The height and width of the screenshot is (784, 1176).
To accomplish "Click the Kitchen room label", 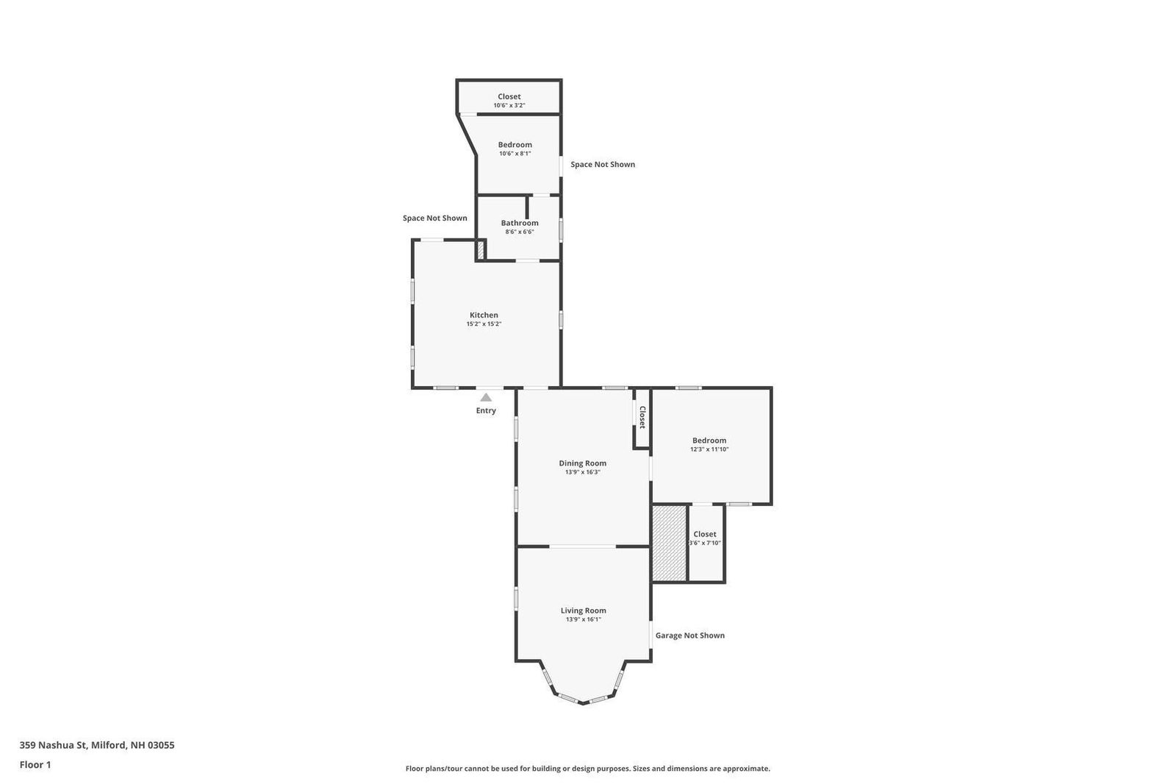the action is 484,316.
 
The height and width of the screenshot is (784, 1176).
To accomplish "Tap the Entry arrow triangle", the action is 486,398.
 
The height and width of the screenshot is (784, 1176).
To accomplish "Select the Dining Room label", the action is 582,463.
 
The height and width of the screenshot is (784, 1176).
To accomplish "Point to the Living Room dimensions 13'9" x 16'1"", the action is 584,619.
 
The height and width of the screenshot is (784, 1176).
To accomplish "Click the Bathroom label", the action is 519,223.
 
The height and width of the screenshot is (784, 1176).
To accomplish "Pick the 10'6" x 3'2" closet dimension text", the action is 509,106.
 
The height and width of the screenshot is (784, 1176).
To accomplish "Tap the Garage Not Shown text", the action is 690,636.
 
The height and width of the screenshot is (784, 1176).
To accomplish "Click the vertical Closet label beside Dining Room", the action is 642,417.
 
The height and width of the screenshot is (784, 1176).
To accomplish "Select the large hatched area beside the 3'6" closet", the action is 670,544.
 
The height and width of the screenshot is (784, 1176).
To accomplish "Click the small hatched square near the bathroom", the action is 480,249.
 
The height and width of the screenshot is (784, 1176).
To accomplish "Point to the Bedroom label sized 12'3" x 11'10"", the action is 709,441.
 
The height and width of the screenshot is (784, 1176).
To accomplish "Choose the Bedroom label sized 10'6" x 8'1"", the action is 515,145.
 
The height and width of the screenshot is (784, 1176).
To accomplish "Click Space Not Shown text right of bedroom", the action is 603,165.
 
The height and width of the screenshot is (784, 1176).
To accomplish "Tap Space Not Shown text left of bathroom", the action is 434,218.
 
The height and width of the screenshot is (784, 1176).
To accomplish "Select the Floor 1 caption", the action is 35,765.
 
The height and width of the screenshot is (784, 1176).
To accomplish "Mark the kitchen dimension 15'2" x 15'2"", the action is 484,324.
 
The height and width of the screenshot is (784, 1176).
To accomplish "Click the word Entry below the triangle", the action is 486,411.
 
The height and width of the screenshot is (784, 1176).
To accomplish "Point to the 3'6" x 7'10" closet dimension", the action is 705,544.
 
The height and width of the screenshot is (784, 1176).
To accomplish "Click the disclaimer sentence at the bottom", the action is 587,769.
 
